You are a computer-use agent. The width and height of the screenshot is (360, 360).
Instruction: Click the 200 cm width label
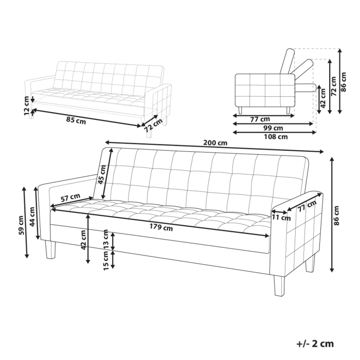click(215, 142)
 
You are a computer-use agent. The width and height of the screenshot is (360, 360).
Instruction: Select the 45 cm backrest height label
click(101, 174)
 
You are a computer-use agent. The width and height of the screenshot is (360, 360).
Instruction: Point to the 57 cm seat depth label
click(70, 197)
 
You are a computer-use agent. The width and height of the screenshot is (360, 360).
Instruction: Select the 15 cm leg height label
click(106, 261)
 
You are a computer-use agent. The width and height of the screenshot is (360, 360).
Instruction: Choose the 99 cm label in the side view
click(273, 128)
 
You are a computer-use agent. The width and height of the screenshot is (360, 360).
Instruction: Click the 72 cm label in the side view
click(333, 85)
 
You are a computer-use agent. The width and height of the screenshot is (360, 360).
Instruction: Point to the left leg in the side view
click(241, 110)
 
